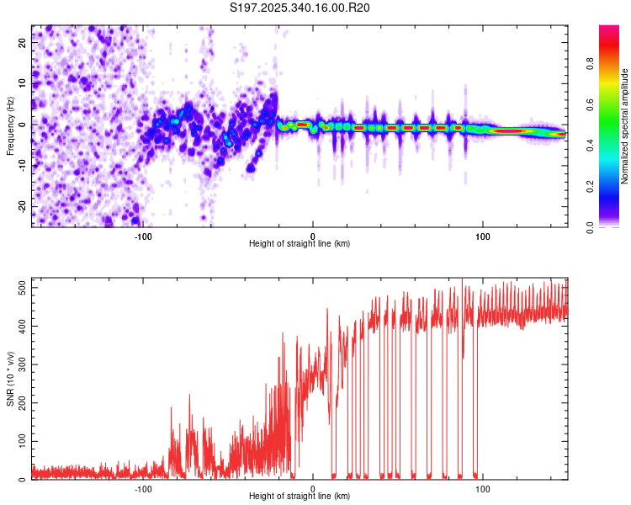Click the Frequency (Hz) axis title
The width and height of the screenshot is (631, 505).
point(10,126)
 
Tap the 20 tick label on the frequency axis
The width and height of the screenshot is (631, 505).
point(24,44)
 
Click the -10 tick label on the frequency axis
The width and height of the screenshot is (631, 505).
point(24,166)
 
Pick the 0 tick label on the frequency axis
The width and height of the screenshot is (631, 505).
point(24,125)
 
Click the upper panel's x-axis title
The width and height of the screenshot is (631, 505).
point(300,244)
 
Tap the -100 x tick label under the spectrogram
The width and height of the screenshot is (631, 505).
point(142,237)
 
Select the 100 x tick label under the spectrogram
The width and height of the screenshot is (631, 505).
point(483,237)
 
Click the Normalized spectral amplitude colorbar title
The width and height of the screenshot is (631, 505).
point(625,126)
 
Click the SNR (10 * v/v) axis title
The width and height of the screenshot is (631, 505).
point(10,378)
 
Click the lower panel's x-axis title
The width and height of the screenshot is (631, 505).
point(300,497)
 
